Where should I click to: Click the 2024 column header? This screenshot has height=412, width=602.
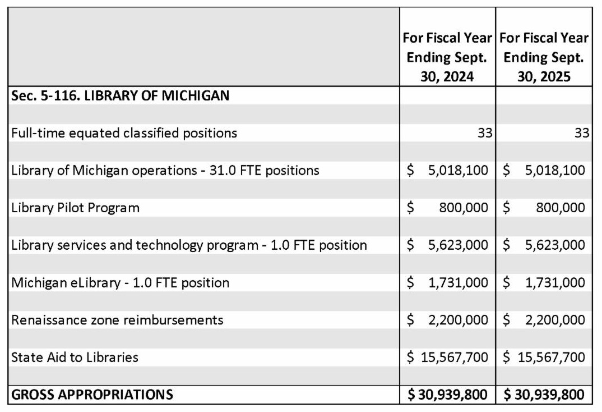click(x=447, y=57)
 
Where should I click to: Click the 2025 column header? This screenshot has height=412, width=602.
click(x=544, y=57)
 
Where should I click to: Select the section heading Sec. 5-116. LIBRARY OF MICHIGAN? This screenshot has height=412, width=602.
click(x=120, y=95)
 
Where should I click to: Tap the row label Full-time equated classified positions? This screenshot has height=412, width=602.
click(x=124, y=133)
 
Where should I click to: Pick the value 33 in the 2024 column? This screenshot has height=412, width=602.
click(x=484, y=133)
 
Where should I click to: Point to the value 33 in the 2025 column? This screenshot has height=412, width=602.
click(x=582, y=133)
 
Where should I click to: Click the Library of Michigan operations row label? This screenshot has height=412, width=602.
click(x=165, y=170)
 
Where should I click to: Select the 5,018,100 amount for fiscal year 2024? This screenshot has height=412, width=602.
click(x=458, y=170)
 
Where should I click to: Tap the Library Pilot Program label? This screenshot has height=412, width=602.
click(x=75, y=208)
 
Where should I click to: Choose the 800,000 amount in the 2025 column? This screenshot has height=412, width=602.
click(x=561, y=208)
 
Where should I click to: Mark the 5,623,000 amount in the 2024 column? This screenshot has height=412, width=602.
click(x=458, y=245)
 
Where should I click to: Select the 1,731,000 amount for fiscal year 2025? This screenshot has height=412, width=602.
click(x=555, y=282)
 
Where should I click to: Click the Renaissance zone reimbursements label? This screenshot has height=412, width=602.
click(x=117, y=320)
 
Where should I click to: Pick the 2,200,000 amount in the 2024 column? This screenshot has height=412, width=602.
click(x=458, y=320)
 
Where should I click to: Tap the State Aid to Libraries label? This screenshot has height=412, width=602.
click(x=75, y=357)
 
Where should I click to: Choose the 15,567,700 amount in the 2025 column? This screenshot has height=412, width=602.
click(x=552, y=357)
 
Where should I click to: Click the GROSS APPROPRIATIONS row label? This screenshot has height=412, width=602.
click(x=92, y=395)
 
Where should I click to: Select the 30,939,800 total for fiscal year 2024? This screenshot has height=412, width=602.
click(x=452, y=395)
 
